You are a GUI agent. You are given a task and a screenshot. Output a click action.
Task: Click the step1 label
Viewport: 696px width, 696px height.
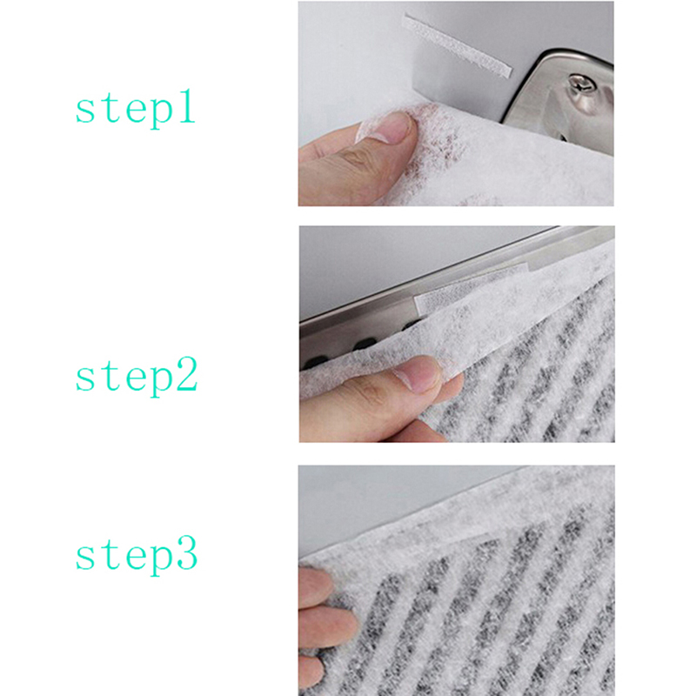pyautogui.click(x=136, y=109)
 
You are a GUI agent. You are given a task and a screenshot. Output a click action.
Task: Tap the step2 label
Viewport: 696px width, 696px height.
pyautogui.click(x=137, y=377)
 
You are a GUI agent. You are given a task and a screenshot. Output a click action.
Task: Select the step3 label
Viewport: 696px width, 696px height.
pyautogui.click(x=137, y=555)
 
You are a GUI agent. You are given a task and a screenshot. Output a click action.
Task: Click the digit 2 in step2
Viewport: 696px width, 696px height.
pyautogui.click(x=187, y=374)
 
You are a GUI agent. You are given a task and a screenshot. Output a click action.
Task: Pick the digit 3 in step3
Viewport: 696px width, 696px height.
pyautogui.click(x=187, y=553)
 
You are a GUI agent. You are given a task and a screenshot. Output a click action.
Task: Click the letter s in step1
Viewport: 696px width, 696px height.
pyautogui.click(x=84, y=110)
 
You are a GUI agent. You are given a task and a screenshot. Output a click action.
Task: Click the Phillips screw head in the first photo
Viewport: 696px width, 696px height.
pyautogui.click(x=579, y=82)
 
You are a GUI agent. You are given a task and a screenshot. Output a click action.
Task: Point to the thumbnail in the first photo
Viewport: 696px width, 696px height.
pyautogui.click(x=385, y=127)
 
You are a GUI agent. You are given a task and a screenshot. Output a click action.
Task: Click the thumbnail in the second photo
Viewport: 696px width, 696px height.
pyautogui.click(x=419, y=373)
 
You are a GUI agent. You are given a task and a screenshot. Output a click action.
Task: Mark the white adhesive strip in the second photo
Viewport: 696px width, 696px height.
pyautogui.click(x=472, y=289)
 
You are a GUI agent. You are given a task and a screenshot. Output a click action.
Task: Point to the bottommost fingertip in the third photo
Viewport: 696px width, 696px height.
pyautogui.click(x=311, y=670)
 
